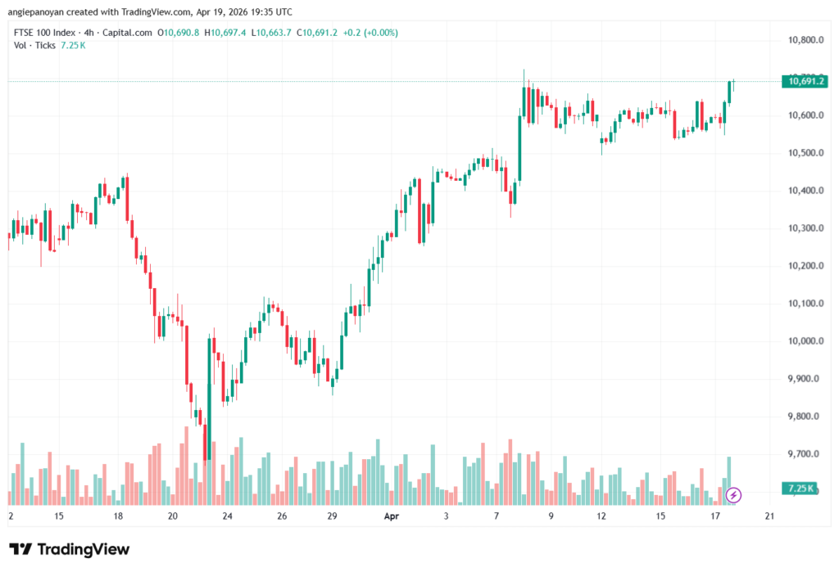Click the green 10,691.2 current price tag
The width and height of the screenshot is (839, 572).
click(x=805, y=81)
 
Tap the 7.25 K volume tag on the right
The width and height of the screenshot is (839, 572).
click(x=800, y=488)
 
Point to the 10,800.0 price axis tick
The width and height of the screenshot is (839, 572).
click(x=805, y=40)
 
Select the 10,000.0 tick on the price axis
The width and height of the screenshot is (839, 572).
click(x=805, y=341)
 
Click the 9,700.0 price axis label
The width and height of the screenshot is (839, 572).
click(x=803, y=454)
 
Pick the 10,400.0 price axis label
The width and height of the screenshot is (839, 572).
click(x=805, y=191)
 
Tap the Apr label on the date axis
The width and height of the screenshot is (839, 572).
click(x=392, y=516)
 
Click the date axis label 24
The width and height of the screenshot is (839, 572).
click(x=228, y=516)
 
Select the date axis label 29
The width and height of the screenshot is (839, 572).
click(x=333, y=516)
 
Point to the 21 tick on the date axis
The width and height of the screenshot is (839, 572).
click(x=769, y=516)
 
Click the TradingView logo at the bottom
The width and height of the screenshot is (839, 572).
click(x=69, y=549)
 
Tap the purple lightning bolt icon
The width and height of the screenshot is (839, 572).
click(x=733, y=495)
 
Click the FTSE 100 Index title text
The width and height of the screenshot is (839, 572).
click(x=45, y=33)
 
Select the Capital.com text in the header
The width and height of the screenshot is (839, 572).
click(x=127, y=33)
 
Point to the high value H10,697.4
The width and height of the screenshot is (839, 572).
click(x=225, y=33)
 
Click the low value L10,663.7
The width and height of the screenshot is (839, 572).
click(x=271, y=33)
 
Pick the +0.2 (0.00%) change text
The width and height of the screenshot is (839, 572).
click(x=370, y=33)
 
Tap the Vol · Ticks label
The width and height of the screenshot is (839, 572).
click(x=34, y=46)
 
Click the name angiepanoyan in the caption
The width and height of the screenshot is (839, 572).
click(x=36, y=11)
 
